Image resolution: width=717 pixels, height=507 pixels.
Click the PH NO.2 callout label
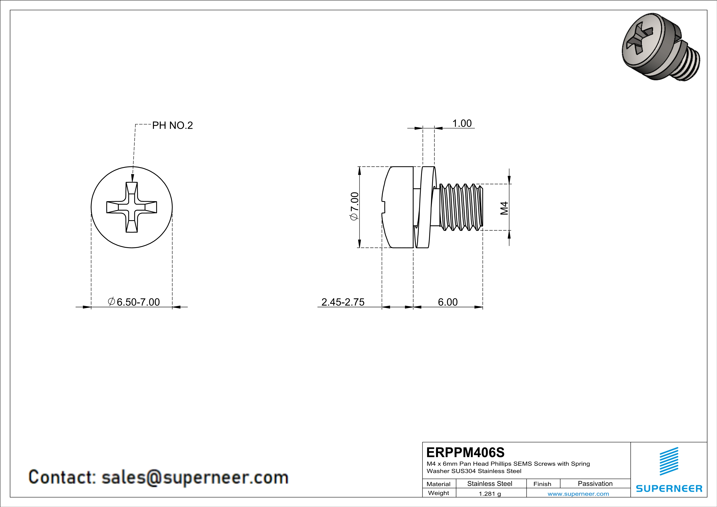click(x=172, y=126)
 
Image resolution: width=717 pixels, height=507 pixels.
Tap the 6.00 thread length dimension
click(x=448, y=302)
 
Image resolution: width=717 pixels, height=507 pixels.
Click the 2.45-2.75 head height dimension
click(x=343, y=302)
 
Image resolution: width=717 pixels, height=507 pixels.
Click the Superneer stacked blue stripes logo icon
click(x=669, y=461)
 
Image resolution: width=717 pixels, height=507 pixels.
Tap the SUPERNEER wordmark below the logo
click(x=669, y=489)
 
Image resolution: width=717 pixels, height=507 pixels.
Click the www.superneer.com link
click(x=578, y=494)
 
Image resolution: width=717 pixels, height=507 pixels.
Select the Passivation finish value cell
click(x=595, y=483)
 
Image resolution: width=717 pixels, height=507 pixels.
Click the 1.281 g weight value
click(x=490, y=494)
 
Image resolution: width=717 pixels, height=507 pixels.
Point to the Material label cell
click(x=439, y=484)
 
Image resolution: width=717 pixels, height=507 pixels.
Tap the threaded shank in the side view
click(x=461, y=207)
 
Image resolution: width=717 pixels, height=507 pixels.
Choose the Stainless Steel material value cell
click(x=490, y=483)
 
